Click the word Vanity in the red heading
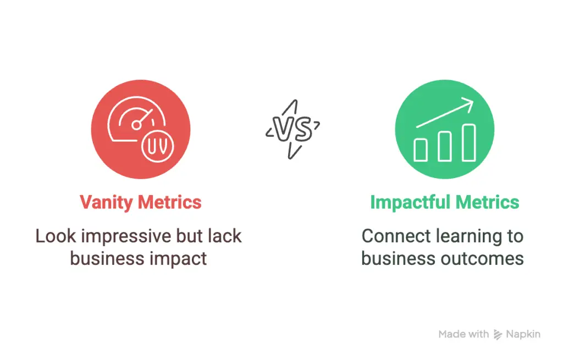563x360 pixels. (106, 203)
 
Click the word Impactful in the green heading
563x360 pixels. (410, 203)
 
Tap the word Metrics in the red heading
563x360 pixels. (170, 202)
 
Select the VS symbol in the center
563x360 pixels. (292, 129)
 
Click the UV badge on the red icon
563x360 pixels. (158, 146)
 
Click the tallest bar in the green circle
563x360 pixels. (469, 142)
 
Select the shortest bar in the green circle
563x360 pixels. (421, 150)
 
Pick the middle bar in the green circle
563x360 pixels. (445, 146)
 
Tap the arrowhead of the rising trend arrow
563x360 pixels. (468, 103)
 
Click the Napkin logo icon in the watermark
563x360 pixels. (498, 335)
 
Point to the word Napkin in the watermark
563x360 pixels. (523, 335)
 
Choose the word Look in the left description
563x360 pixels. (56, 236)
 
